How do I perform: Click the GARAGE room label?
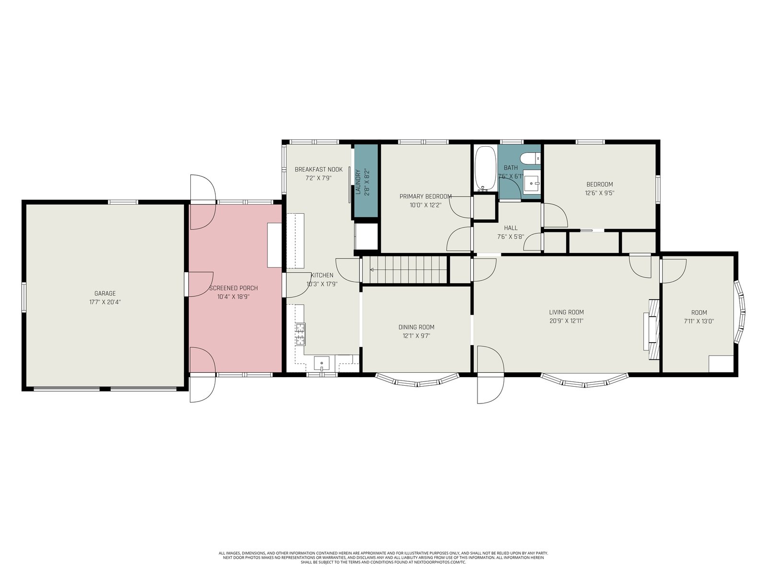coord(105,294)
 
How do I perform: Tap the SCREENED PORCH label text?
coord(233,288)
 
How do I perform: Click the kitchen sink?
coord(322,363)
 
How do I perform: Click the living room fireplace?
coord(652,329)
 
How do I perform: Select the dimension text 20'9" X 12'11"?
coord(567,321)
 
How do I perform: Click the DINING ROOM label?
coord(417,327)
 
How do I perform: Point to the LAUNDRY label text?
coord(358,182)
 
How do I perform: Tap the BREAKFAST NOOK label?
coord(319,169)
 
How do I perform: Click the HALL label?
coord(511,228)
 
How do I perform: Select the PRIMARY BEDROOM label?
coord(426,196)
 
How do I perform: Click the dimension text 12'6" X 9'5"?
coord(600,193)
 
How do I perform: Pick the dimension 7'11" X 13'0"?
coord(699,321)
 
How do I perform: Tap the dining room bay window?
coord(417,381)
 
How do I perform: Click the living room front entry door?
coord(490,375)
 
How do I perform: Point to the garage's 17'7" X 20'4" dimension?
coord(105,302)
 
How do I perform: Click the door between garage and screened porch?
coord(199,284)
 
